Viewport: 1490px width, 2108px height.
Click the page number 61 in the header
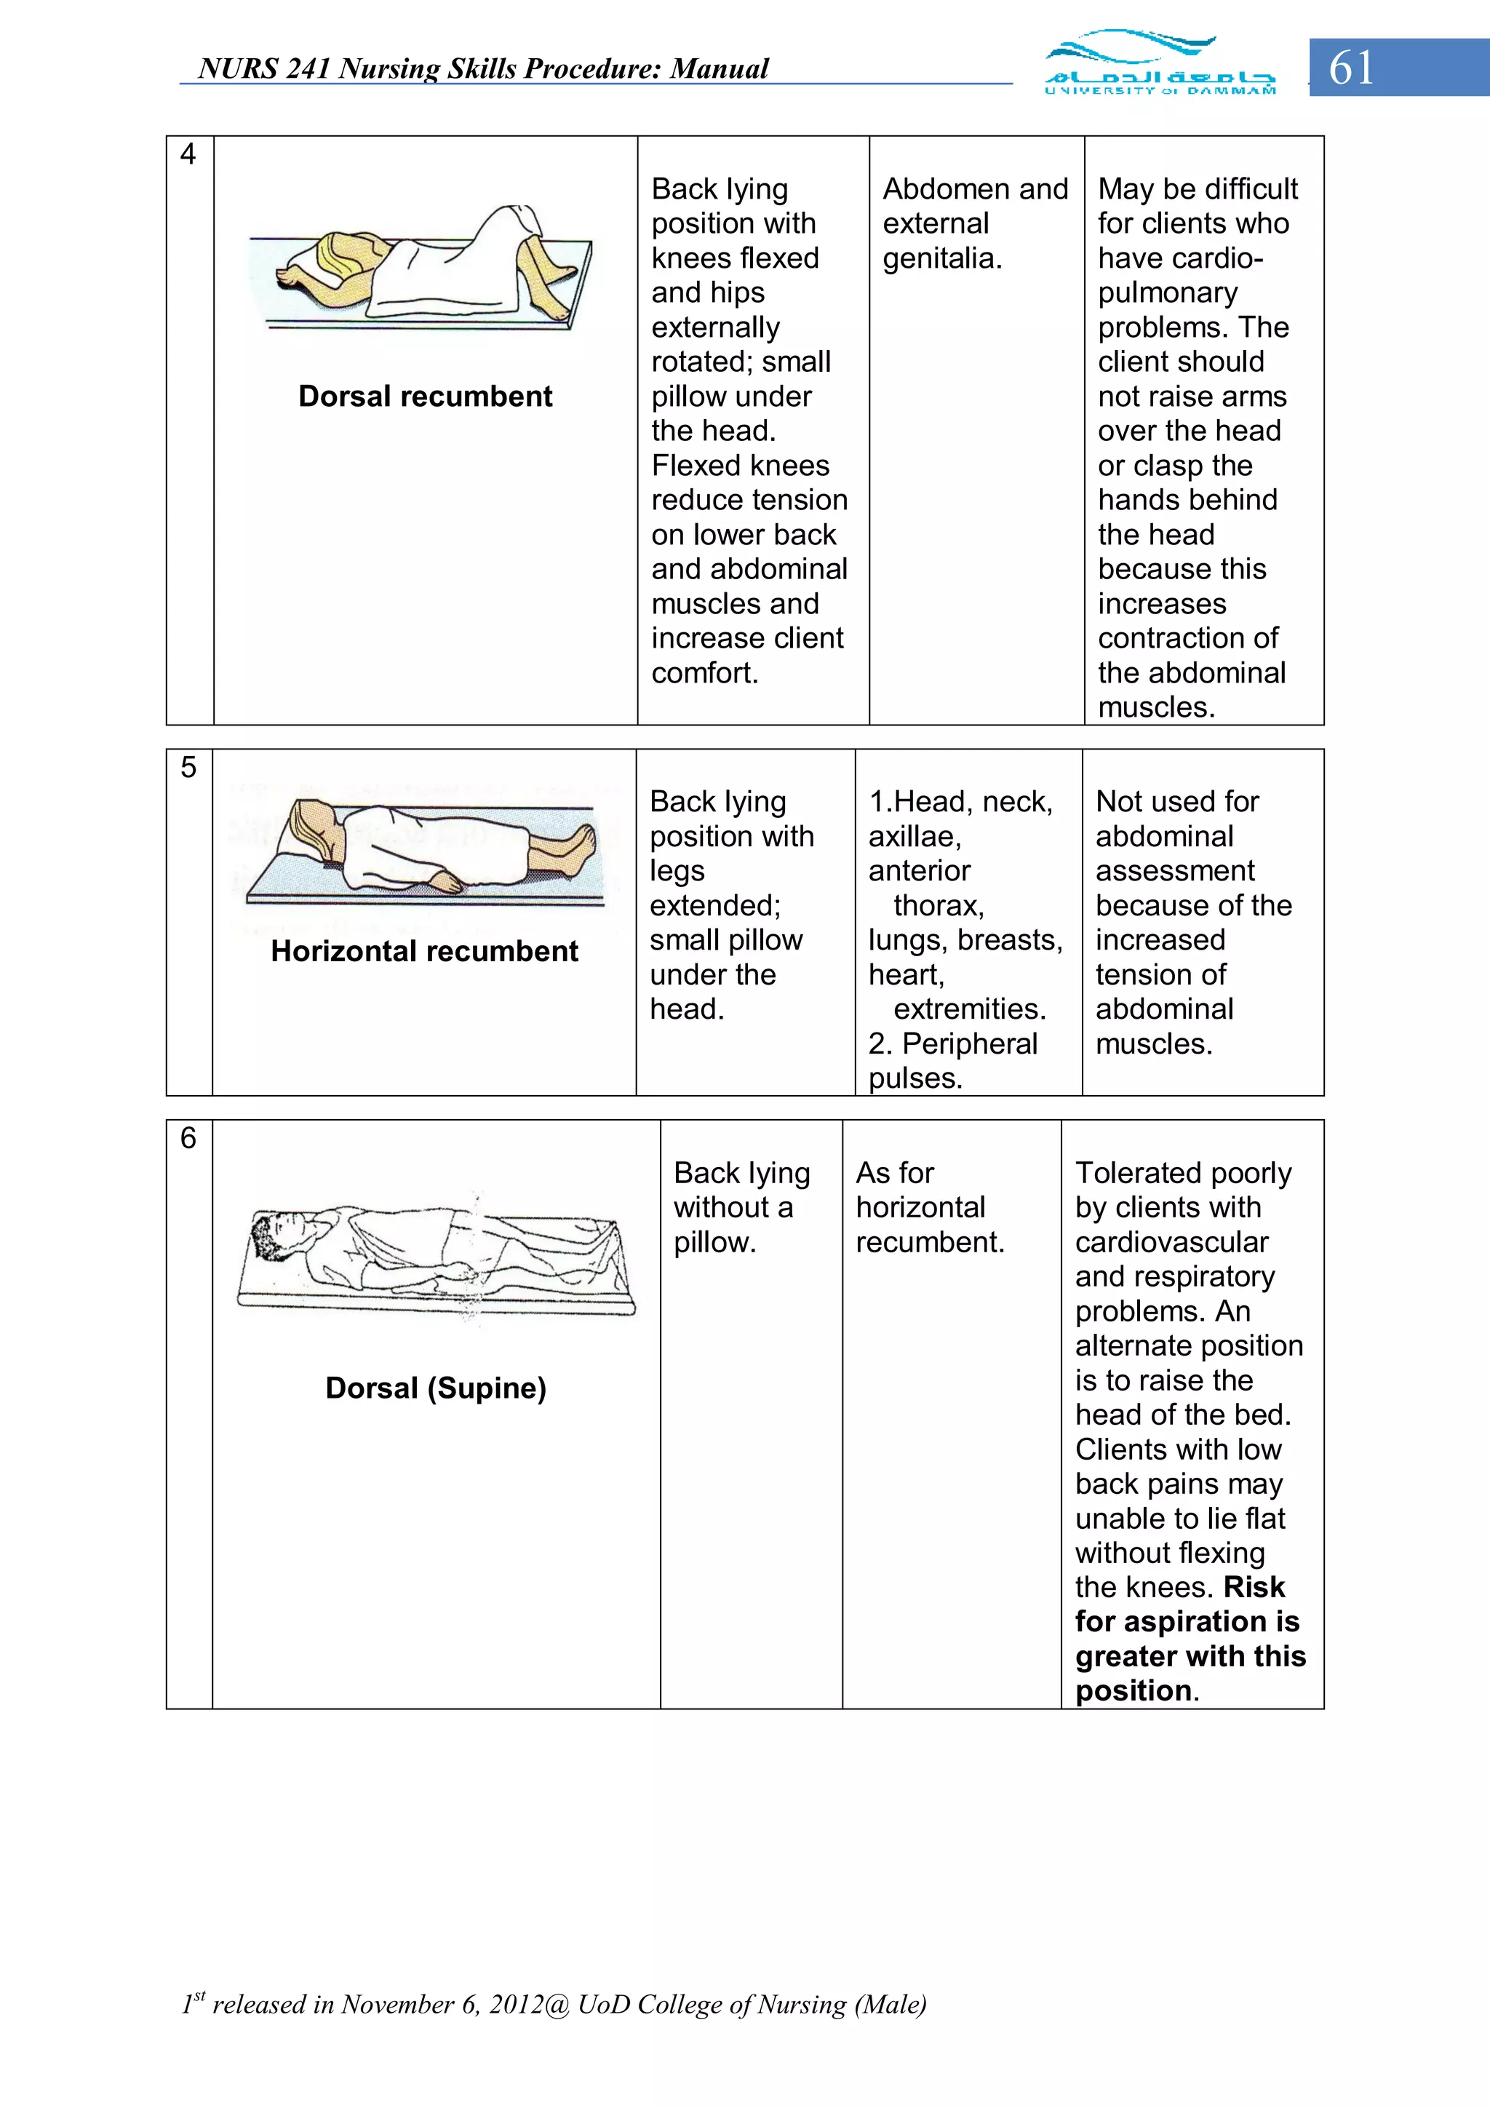pyautogui.click(x=1351, y=68)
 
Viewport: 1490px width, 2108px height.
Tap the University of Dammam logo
pyautogui.click(x=1160, y=64)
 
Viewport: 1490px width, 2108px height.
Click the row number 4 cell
pyautogui.click(x=188, y=154)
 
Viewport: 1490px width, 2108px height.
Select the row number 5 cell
pyautogui.click(x=188, y=768)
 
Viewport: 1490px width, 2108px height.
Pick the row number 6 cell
pyautogui.click(x=188, y=1139)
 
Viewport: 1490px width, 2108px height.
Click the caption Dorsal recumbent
pyautogui.click(x=425, y=397)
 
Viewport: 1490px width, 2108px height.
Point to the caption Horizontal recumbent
pyautogui.click(x=424, y=951)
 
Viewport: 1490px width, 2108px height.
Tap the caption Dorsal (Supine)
pyautogui.click(x=435, y=1388)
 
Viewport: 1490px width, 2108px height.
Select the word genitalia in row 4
pyautogui.click(x=942, y=259)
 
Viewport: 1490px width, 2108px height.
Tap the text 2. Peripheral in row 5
pyautogui.click(x=953, y=1044)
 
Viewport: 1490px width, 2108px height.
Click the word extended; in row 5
pyautogui.click(x=715, y=906)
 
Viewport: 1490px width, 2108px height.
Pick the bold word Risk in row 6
pyautogui.click(x=1254, y=1588)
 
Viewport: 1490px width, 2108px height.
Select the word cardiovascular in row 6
pyautogui.click(x=1171, y=1242)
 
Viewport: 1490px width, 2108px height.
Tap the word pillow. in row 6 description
pyautogui.click(x=714, y=1242)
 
